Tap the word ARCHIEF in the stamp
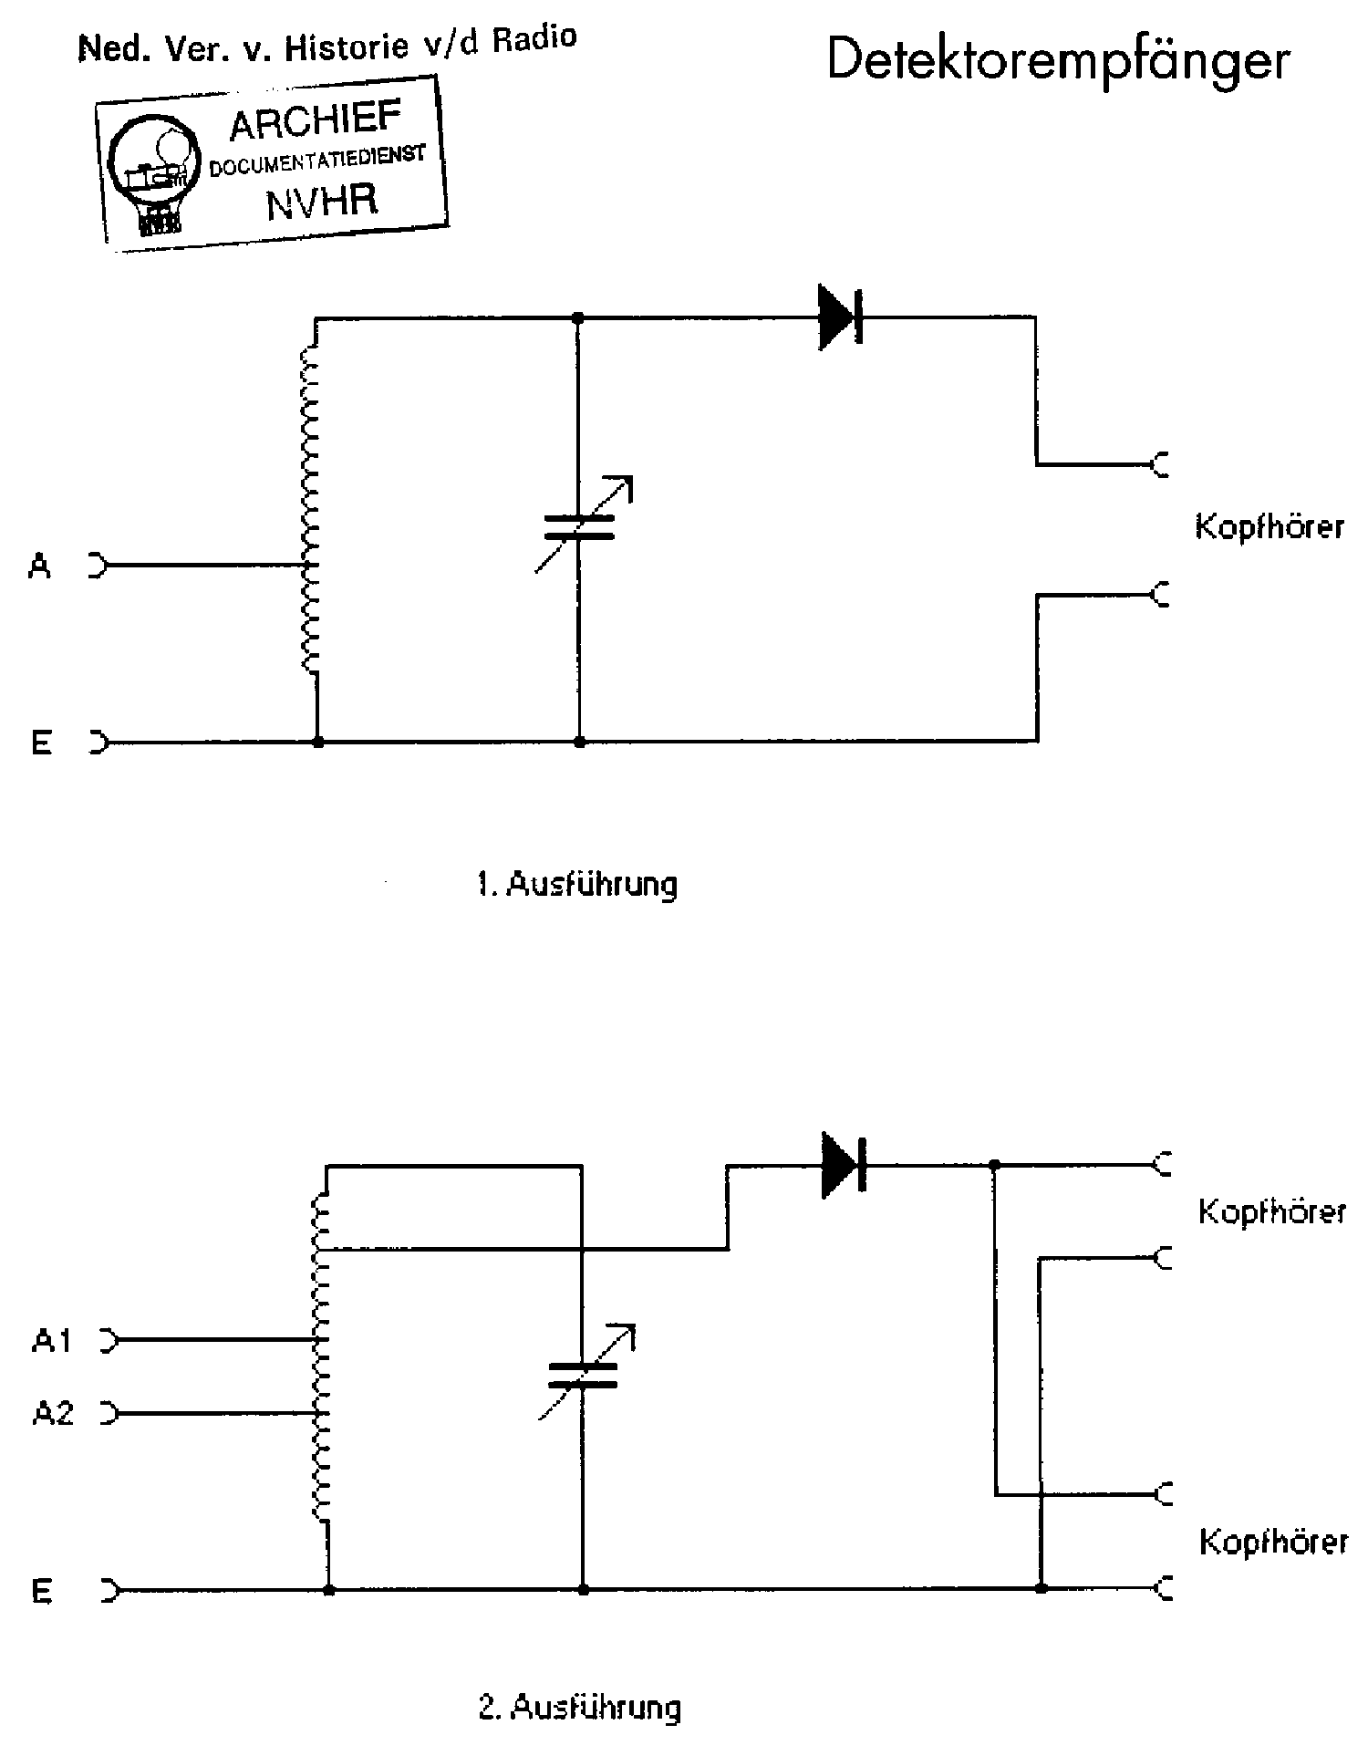(x=316, y=122)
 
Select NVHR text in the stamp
(x=322, y=201)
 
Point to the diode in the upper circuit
(x=840, y=317)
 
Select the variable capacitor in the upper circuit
(x=579, y=527)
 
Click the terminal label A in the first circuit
(x=40, y=567)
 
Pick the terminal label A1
(x=52, y=1341)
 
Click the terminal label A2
(x=53, y=1414)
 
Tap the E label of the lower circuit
(x=42, y=1591)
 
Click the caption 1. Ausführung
(x=578, y=884)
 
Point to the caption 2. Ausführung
(x=580, y=1706)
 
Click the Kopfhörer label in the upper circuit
(x=1270, y=528)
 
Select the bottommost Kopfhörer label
(x=1273, y=1542)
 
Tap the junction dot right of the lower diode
(x=995, y=1165)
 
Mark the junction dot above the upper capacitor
(x=577, y=318)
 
